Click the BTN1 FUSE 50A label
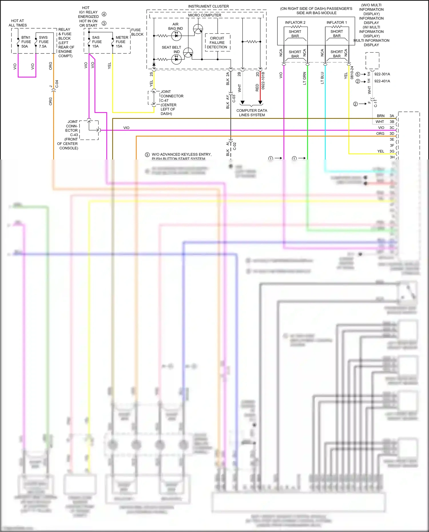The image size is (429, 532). [x=26, y=42]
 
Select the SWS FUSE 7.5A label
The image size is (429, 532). [x=43, y=42]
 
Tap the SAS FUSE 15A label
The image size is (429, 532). [x=96, y=42]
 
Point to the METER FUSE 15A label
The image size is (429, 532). [x=121, y=42]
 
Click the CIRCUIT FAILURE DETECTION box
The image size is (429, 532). [x=217, y=43]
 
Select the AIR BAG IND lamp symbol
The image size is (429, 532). [x=176, y=36]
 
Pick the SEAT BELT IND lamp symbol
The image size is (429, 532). [x=176, y=59]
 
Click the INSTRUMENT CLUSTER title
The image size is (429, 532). [x=208, y=6]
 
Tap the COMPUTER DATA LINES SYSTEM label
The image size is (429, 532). [x=252, y=113]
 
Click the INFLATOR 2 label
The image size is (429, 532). [x=295, y=23]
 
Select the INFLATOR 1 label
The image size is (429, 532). [x=337, y=23]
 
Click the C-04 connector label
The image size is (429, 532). [x=57, y=84]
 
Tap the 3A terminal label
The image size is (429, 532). [x=392, y=116]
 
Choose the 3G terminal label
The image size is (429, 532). [x=392, y=151]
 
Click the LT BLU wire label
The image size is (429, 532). [x=322, y=78]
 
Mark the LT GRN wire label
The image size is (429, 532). [x=305, y=78]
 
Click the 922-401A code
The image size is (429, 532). [x=382, y=81]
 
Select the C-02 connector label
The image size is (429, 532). [x=235, y=146]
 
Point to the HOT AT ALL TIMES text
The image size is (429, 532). [x=18, y=23]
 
